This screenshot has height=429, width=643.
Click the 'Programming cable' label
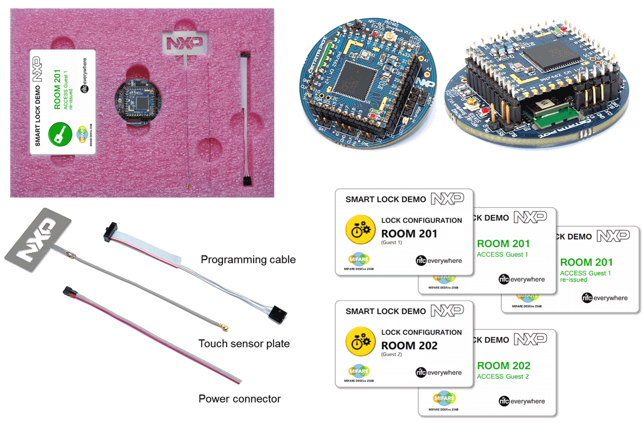(x=248, y=259)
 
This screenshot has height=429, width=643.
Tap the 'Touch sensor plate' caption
(x=244, y=343)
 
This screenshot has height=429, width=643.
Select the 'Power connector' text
(x=240, y=399)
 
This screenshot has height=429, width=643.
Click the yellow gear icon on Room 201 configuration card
(x=360, y=230)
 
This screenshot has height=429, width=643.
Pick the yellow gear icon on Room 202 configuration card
(x=360, y=342)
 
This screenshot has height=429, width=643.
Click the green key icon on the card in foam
(x=60, y=134)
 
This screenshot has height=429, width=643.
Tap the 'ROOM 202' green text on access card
(x=503, y=366)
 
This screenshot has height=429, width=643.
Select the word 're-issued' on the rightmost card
(x=573, y=280)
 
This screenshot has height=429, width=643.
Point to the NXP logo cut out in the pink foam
(x=185, y=43)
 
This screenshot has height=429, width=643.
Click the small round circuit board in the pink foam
(x=138, y=102)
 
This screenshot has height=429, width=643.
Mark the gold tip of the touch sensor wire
(x=226, y=329)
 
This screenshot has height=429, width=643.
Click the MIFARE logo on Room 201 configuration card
(x=359, y=259)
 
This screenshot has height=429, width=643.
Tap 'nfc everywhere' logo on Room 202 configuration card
(x=439, y=373)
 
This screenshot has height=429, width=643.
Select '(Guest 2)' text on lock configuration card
(x=391, y=354)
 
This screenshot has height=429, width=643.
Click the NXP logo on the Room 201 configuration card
(x=447, y=198)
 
